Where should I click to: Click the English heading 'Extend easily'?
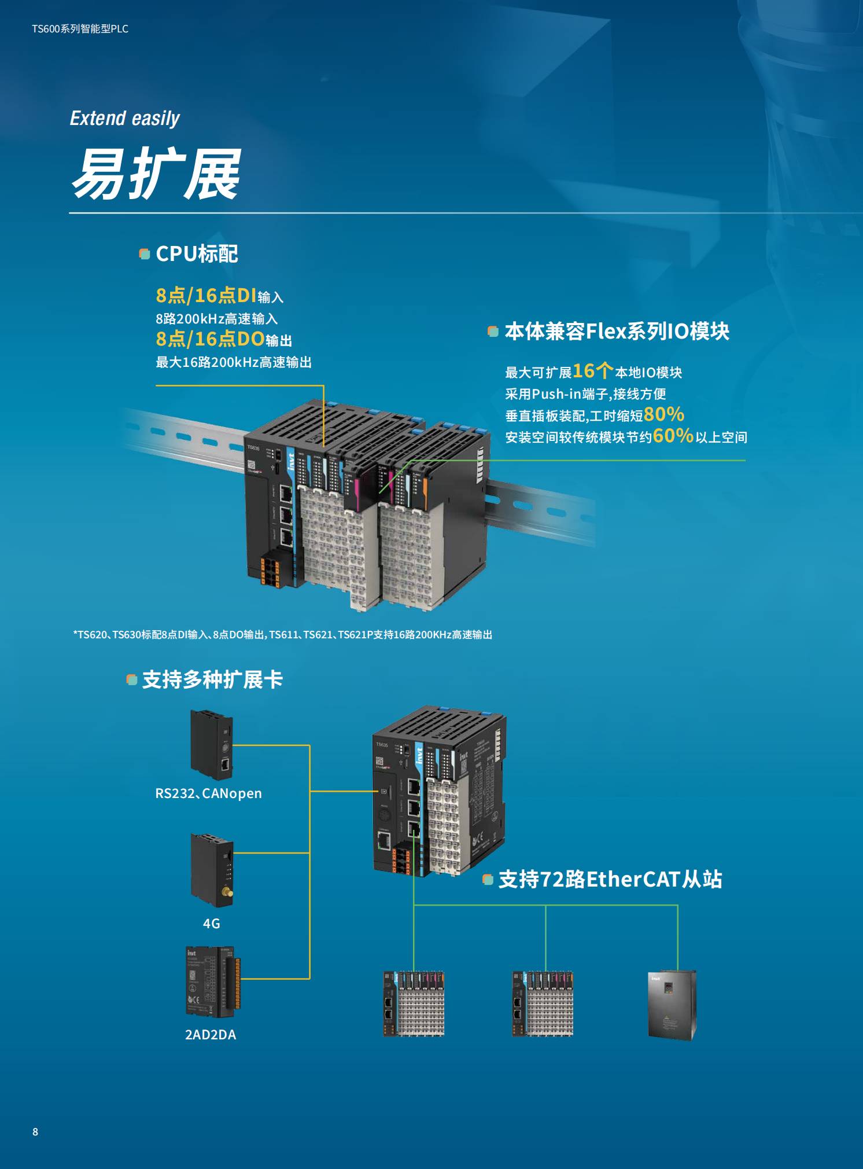(124, 119)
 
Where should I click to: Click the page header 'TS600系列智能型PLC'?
(80, 29)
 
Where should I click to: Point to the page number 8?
(35, 1132)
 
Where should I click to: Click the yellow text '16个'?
(593, 370)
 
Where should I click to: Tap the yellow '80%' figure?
(664, 414)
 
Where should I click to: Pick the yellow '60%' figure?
(673, 435)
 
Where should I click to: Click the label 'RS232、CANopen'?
(208, 793)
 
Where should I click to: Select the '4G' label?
(211, 924)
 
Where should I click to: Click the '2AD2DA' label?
(211, 1035)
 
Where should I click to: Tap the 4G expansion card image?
(212, 870)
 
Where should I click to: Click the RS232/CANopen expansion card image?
(212, 745)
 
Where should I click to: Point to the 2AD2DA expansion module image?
(213, 982)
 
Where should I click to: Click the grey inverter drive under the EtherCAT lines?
(672, 1005)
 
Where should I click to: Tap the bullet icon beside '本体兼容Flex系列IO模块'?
(493, 332)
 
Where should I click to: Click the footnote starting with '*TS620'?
(283, 635)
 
